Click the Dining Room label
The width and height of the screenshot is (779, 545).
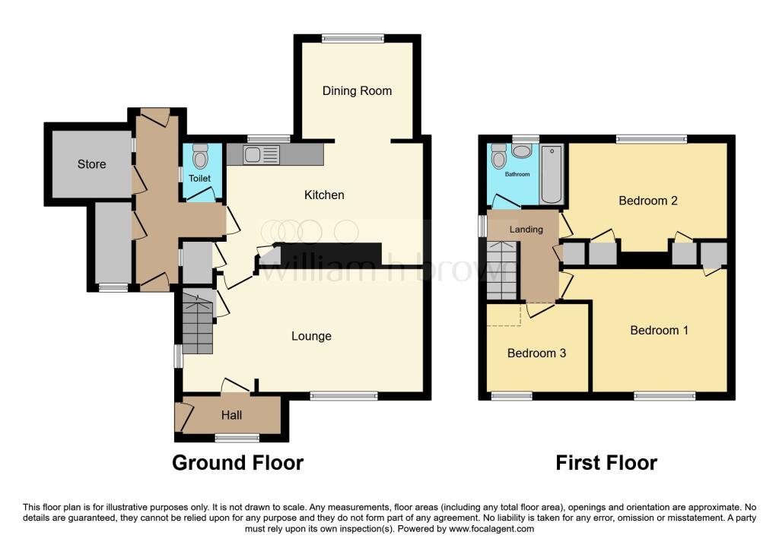point(357,91)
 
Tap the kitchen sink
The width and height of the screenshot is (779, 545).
point(261,155)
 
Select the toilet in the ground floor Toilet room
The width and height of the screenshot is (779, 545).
point(201,157)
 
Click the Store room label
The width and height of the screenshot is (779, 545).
point(91,164)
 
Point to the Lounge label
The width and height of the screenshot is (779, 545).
point(311,336)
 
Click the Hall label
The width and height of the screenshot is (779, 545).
point(231,415)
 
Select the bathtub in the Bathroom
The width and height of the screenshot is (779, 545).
point(552,174)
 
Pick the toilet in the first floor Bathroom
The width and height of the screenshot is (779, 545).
point(500,157)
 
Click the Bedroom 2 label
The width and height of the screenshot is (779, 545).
point(647,201)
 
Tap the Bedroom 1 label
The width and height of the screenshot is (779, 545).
point(659,331)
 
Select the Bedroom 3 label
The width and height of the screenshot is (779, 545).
point(536,353)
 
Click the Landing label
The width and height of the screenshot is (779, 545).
point(526,230)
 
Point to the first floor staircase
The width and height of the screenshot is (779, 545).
point(501,271)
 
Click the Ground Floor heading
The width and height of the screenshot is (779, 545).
point(237,462)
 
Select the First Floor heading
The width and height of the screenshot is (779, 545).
point(606,462)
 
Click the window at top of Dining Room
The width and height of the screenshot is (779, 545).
point(352,38)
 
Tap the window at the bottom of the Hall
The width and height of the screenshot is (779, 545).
point(237,437)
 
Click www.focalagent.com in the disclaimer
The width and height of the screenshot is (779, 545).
point(492,529)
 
